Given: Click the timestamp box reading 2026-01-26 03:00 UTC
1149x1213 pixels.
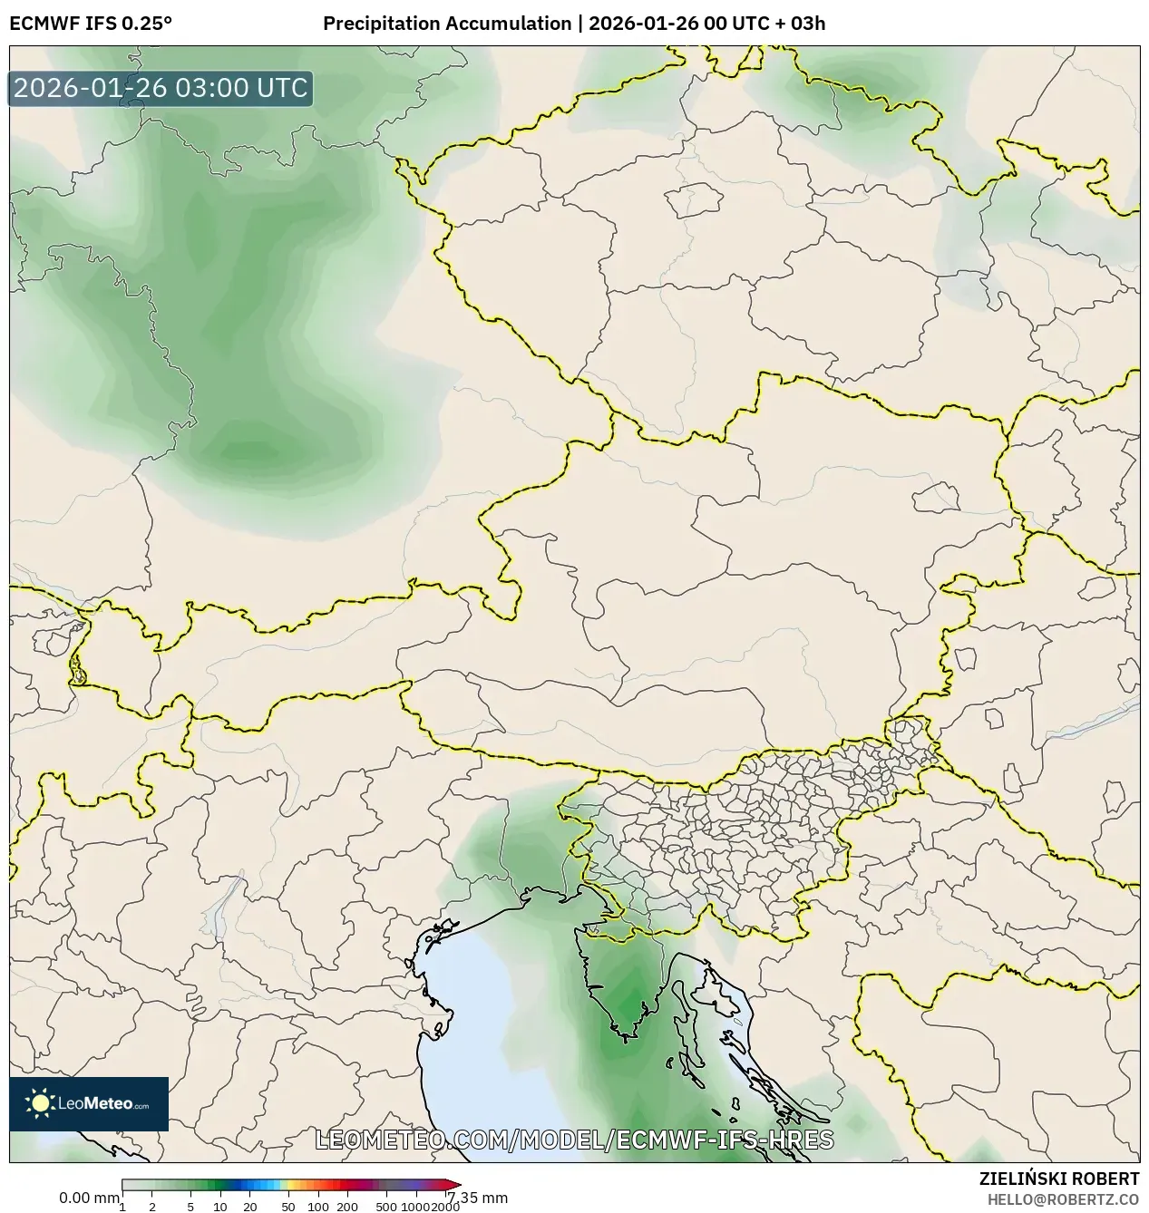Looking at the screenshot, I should point(161,88).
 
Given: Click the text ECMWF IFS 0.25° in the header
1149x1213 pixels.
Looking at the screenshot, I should point(91,23).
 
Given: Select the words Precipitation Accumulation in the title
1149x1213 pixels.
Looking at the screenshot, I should point(446,23).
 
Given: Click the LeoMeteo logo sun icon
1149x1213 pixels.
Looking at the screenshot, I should point(41,1103).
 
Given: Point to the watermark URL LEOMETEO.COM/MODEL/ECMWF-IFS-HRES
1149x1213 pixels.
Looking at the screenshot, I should point(574,1140).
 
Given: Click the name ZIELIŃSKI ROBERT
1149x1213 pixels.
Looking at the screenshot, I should point(1058,1179).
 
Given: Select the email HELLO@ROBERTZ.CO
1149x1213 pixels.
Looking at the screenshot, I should point(1063,1199).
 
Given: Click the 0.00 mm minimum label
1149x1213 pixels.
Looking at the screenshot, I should point(88,1198).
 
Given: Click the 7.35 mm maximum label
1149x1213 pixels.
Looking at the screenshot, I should point(480,1198).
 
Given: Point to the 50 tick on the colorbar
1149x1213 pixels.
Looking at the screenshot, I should point(287,1206).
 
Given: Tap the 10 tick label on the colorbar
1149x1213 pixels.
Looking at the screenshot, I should point(219,1206).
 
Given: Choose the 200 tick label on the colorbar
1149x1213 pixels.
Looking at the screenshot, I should point(347,1206).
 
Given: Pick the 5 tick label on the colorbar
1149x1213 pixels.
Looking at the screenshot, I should point(190,1206).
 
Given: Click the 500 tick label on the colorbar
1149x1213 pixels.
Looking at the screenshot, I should point(386,1206).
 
